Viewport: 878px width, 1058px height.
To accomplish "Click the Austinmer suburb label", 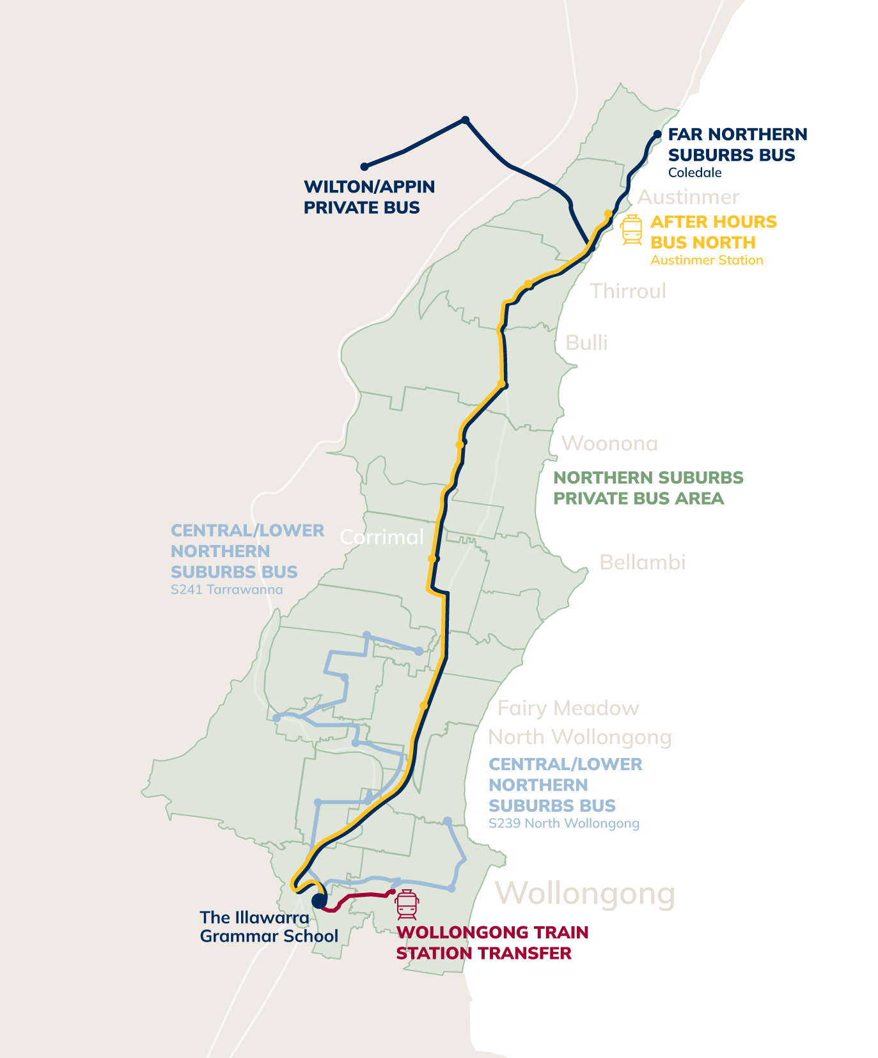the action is tap(688, 196).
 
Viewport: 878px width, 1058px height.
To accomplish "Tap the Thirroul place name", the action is tap(627, 291).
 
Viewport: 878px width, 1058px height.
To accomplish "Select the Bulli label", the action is tap(586, 343).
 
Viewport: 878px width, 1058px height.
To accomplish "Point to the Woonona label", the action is tap(609, 443).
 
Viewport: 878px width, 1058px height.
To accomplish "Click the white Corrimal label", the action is tap(382, 537).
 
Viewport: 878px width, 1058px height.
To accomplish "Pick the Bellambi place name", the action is tap(642, 562).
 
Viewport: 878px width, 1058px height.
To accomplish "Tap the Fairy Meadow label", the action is tap(568, 708).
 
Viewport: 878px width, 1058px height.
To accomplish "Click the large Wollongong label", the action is tap(585, 893).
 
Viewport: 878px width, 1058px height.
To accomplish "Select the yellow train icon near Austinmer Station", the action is tap(631, 230).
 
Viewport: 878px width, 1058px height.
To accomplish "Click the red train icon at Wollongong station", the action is tap(407, 904).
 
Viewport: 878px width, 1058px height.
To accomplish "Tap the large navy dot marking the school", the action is tap(318, 901).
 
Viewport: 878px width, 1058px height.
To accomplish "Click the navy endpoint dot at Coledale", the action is tap(657, 134).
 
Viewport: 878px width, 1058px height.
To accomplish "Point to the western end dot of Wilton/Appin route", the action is tap(365, 166).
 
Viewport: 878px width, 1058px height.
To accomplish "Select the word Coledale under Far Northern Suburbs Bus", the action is tap(694, 173).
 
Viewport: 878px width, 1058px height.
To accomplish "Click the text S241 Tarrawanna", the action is tap(226, 589).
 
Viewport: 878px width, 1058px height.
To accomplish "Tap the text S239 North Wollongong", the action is tap(563, 823).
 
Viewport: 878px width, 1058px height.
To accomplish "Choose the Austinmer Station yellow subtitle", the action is tap(707, 260).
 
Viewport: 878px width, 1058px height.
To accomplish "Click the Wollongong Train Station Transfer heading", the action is tap(492, 943).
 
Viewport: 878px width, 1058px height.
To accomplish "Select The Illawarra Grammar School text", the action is tap(269, 927).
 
